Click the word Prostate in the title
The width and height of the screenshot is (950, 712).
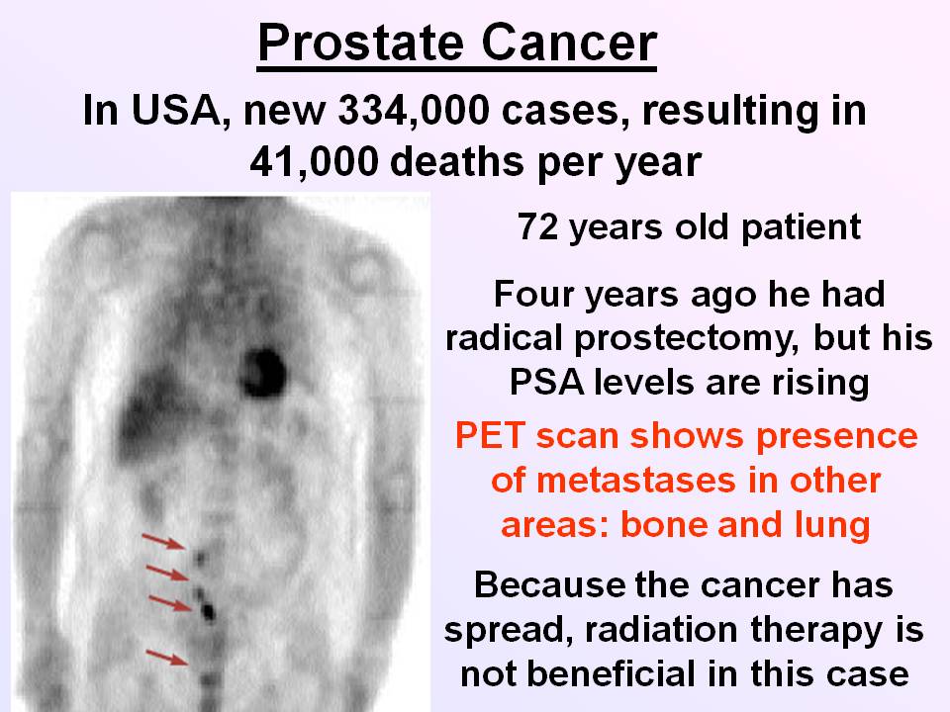(361, 44)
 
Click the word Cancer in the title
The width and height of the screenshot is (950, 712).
(570, 44)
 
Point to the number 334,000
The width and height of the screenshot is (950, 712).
(414, 112)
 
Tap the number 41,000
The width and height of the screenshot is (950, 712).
(314, 162)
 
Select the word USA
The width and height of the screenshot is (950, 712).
(176, 112)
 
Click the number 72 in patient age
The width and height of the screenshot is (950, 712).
(537, 227)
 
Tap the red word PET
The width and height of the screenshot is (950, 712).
(490, 435)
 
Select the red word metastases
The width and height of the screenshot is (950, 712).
(637, 481)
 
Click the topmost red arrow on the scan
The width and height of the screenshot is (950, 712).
(163, 541)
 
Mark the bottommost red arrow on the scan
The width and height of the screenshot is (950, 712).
(167, 657)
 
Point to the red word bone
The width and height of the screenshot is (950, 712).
(663, 525)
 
